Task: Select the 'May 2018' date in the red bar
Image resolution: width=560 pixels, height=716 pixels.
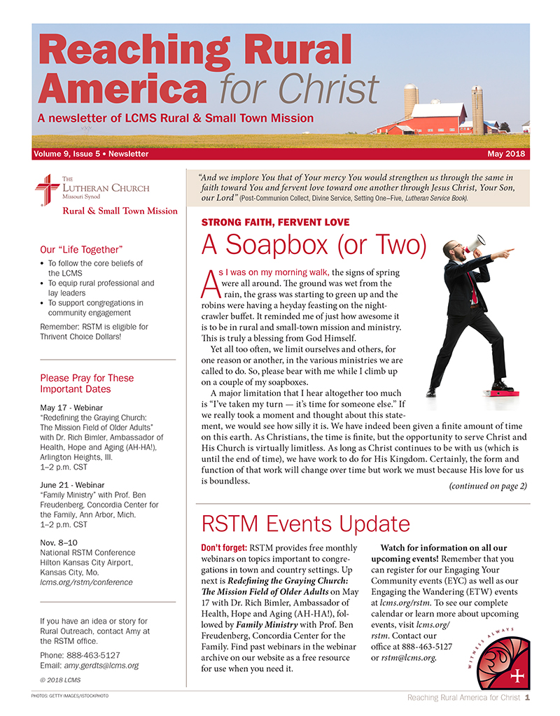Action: (510, 154)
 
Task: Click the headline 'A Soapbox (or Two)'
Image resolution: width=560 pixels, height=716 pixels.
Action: (314, 244)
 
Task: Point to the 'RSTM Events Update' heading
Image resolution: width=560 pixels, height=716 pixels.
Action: (305, 524)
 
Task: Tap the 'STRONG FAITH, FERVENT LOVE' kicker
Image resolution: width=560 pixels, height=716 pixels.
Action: (275, 223)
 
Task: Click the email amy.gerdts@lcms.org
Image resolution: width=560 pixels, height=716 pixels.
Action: (100, 664)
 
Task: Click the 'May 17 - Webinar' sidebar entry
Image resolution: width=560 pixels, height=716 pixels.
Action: (71, 407)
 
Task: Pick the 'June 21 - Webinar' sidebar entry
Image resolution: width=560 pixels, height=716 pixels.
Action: (73, 483)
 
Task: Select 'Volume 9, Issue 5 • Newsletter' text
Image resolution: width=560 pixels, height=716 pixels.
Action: (91, 154)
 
